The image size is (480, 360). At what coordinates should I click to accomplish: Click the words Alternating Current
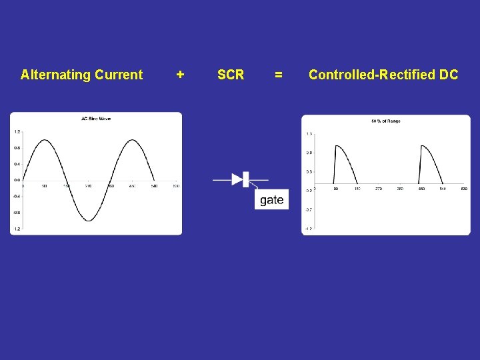(81, 75)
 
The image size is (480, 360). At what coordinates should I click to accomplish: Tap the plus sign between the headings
(180, 75)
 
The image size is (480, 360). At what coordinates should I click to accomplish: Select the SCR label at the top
(231, 75)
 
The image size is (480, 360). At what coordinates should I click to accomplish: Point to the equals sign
(279, 75)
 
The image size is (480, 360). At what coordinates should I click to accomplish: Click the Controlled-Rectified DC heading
(383, 75)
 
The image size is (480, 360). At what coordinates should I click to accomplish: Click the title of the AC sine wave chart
(96, 119)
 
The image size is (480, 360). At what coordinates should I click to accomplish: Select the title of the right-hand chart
(385, 121)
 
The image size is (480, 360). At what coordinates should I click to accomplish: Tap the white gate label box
(271, 200)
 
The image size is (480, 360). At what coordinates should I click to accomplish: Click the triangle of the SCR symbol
(237, 179)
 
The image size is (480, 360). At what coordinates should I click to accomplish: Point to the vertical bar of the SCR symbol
(245, 179)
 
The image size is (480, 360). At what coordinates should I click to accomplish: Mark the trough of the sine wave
(89, 220)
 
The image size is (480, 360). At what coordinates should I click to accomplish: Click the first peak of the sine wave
(44, 140)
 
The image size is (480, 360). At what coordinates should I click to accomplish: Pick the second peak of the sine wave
(133, 140)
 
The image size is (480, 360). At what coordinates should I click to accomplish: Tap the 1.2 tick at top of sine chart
(17, 131)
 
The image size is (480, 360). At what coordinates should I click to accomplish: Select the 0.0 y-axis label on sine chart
(17, 180)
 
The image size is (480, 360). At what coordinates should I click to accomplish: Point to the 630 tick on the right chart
(463, 189)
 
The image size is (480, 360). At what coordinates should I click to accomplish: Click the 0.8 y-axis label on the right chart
(309, 153)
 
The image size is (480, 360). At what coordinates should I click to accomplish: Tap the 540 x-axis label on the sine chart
(154, 186)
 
